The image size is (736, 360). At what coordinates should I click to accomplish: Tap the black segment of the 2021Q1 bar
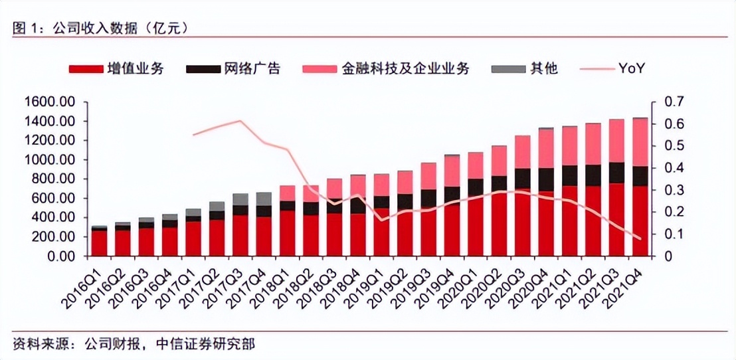coord(570,175)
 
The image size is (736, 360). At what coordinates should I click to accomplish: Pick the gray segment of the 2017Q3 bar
coord(240,199)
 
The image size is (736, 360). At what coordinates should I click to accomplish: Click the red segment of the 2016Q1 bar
coord(99,243)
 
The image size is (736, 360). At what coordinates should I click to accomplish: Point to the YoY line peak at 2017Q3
coord(240,121)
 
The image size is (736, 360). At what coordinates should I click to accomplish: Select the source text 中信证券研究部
coord(205,344)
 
